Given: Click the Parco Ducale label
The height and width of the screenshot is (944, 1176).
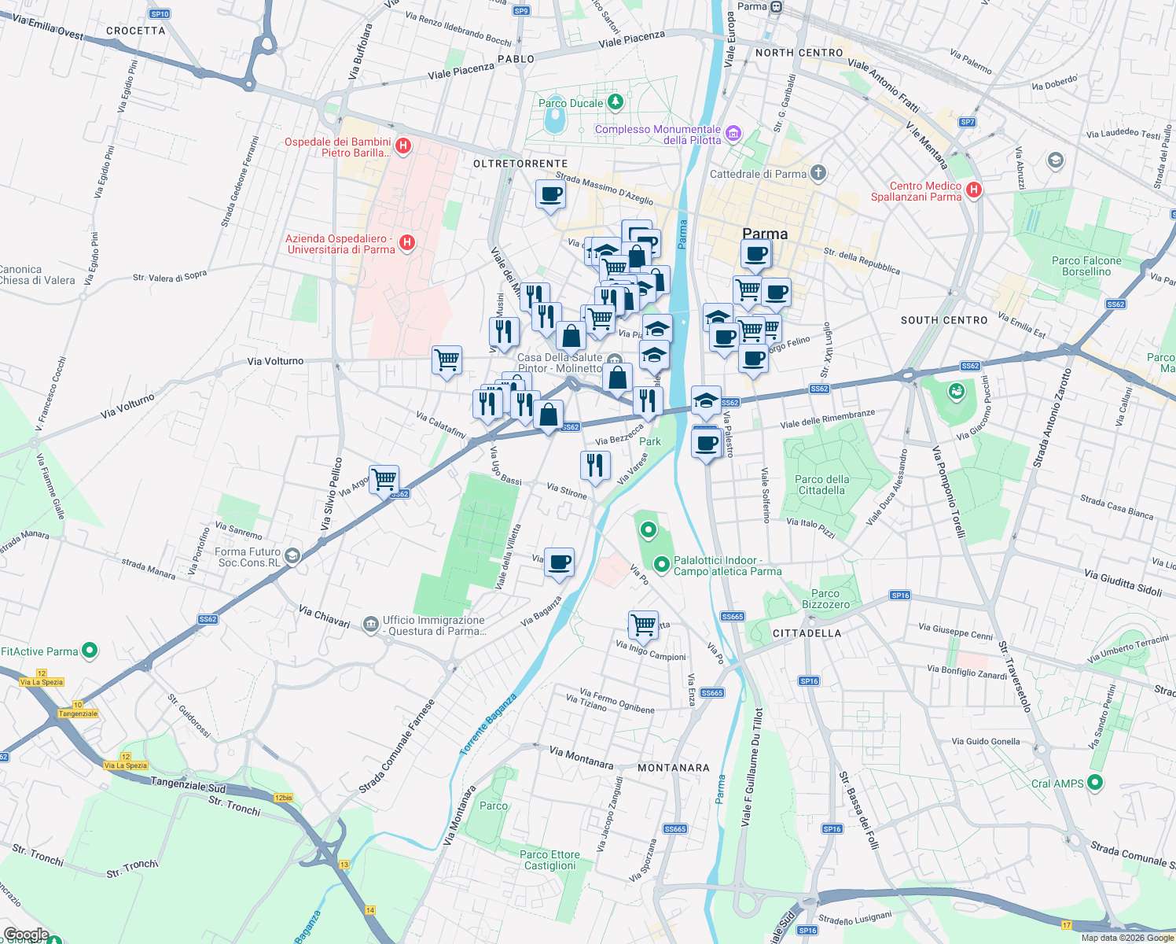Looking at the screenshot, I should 571,103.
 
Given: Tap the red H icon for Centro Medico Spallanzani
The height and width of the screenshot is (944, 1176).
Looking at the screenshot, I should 974,190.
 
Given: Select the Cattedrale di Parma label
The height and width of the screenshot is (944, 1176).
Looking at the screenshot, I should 758,174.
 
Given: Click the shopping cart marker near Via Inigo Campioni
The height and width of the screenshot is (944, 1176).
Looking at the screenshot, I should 643,625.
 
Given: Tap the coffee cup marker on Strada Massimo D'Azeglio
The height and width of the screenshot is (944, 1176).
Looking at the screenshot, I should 550,194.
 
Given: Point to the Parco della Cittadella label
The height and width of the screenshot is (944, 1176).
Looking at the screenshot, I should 821,485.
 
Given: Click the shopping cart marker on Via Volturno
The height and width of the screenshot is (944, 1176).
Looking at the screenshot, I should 447,360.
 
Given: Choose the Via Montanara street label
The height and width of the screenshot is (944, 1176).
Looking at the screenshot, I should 581,757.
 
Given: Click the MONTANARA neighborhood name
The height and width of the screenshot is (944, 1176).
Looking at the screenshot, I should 673,768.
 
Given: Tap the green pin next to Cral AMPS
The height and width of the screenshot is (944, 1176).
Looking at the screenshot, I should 1095,783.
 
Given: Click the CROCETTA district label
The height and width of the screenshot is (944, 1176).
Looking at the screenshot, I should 135,31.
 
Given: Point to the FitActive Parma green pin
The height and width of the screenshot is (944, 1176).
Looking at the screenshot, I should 90,651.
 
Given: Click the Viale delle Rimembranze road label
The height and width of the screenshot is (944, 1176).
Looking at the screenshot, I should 827,419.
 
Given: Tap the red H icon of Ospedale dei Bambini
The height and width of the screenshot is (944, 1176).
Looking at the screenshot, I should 403,146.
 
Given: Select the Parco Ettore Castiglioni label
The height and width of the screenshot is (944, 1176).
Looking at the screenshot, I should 549,860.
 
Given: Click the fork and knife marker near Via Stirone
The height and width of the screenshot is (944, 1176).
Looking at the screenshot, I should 595,465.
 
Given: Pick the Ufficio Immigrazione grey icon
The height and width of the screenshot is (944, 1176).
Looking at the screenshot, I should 370,625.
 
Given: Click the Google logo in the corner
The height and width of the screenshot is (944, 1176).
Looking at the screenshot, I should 26,935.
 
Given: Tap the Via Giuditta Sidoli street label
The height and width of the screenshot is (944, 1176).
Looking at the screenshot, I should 1123,582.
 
